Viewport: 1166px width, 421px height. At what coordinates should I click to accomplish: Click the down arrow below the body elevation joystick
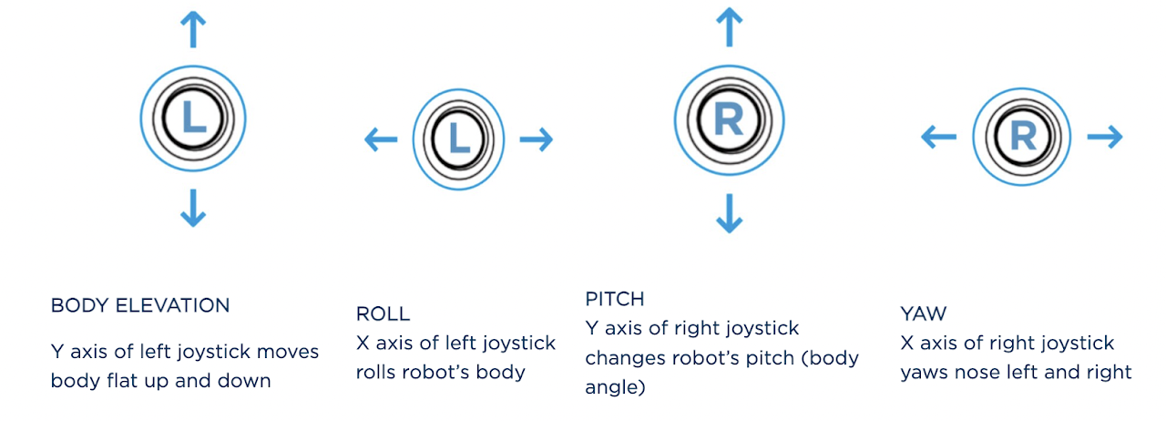click(192, 208)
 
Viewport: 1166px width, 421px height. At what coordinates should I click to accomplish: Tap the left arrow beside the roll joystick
click(381, 139)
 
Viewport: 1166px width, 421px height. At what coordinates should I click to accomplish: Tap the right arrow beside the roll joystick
click(537, 139)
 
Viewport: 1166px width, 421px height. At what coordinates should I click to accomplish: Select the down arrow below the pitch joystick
click(728, 212)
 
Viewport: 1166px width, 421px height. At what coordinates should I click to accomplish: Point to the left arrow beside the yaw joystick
click(938, 138)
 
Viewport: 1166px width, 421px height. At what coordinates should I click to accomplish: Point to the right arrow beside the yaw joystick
click(1105, 137)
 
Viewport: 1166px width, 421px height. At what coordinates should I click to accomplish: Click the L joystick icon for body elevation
click(193, 118)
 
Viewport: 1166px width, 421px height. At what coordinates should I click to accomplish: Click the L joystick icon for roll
click(458, 139)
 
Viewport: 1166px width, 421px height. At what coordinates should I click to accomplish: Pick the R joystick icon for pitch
click(728, 119)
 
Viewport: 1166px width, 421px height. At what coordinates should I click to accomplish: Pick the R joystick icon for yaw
click(1022, 138)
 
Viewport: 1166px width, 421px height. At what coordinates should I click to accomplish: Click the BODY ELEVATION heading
click(140, 305)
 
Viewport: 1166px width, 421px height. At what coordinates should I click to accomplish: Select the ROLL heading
click(383, 314)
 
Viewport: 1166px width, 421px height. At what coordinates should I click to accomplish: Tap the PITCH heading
click(615, 299)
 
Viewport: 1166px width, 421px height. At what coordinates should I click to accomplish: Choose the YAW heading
click(923, 313)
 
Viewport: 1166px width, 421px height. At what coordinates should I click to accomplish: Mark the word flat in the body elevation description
click(148, 380)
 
